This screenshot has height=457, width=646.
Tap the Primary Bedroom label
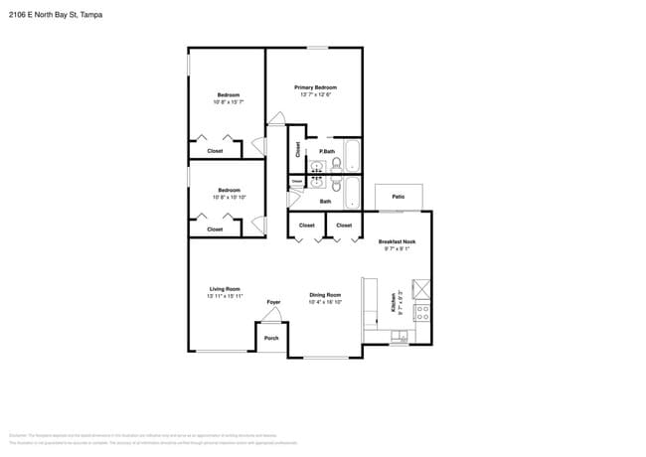tap(313, 87)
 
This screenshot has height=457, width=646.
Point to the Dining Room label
tap(325, 295)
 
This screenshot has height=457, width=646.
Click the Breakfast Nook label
tap(397, 241)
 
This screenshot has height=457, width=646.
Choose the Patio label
tap(398, 197)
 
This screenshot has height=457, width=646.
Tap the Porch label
tap(271, 339)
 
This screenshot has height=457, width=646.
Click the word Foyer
tap(273, 302)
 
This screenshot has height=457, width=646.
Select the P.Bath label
tap(327, 151)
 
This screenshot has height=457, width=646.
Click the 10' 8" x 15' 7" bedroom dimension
tap(229, 102)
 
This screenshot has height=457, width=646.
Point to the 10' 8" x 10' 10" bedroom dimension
tap(229, 198)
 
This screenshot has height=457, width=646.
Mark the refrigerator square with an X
tap(421, 289)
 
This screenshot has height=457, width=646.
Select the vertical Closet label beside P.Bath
tap(298, 150)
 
